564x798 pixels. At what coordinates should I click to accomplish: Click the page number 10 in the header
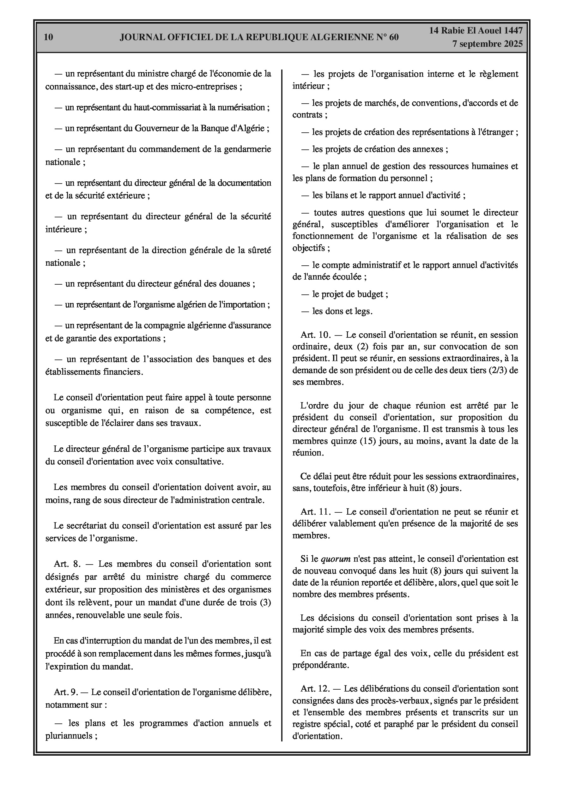click(x=49, y=37)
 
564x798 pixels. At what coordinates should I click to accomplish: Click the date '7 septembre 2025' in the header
click(x=487, y=44)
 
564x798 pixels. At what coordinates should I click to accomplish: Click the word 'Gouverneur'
click(x=155, y=128)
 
